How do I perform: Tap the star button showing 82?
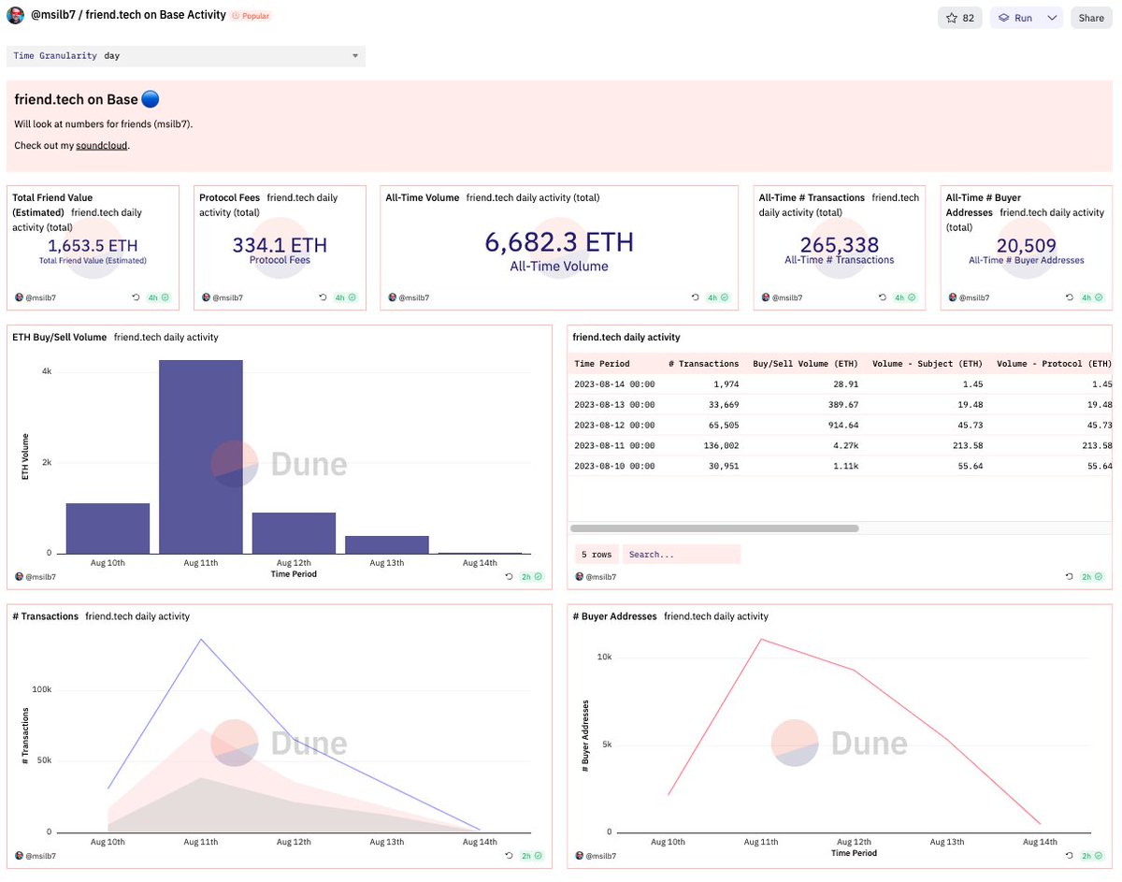coord(960,18)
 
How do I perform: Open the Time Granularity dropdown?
coord(185,56)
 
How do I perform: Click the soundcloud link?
coord(101,146)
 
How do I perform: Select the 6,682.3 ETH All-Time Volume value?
coord(559,243)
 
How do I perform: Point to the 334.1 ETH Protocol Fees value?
coord(280,245)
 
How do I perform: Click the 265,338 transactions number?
coord(840,245)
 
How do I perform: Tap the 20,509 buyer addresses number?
coord(1027,245)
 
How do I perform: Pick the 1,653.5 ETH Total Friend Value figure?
coord(93,245)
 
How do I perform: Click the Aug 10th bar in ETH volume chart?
coord(108,528)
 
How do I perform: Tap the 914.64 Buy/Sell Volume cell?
coord(838,425)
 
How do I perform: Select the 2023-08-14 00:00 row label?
coord(614,384)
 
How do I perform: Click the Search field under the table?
coord(681,555)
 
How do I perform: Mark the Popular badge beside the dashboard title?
coord(251,16)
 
